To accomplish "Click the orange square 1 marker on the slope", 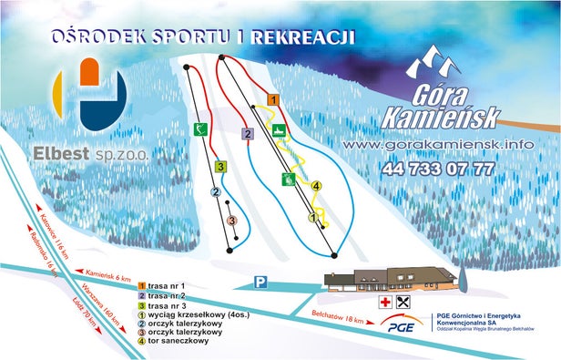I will (272, 98).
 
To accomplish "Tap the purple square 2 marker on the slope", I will (247, 134).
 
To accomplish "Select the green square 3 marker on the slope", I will (220, 167).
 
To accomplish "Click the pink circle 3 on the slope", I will (231, 221).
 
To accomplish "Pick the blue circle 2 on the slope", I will (216, 192).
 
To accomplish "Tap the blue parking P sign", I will (260, 283).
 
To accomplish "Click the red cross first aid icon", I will (386, 301).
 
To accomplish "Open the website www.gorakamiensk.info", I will (439, 145).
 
